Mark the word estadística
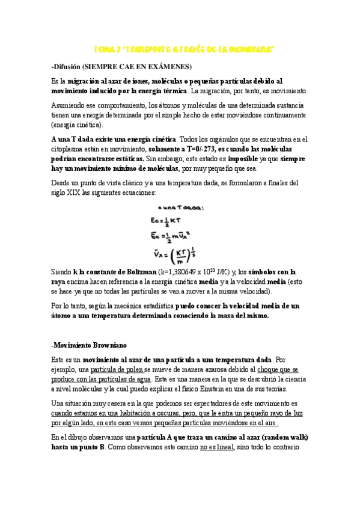(x=154, y=306)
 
